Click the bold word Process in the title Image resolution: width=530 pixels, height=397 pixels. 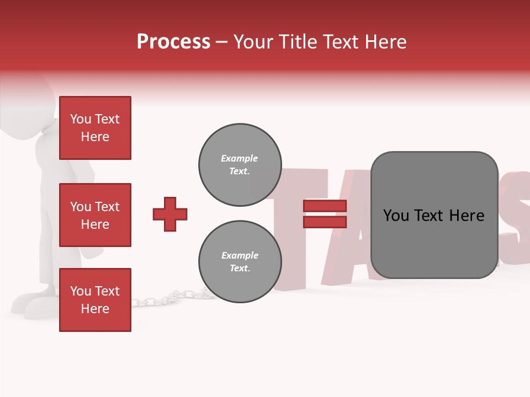[x=173, y=42]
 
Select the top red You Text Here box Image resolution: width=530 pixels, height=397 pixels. [x=95, y=128]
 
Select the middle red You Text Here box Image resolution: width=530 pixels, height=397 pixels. [x=95, y=215]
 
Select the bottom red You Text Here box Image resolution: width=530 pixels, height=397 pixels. [x=95, y=300]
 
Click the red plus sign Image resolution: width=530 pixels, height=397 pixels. [x=170, y=214]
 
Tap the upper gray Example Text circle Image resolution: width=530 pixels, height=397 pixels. [x=240, y=165]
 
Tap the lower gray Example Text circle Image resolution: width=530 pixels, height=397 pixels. [x=240, y=262]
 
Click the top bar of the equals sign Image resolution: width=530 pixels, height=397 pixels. [x=325, y=206]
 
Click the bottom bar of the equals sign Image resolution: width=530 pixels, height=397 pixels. [x=325, y=222]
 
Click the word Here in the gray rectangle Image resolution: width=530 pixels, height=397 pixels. [x=467, y=216]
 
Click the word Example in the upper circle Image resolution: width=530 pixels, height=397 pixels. [x=240, y=159]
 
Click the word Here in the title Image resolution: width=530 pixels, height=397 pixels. [x=384, y=42]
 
